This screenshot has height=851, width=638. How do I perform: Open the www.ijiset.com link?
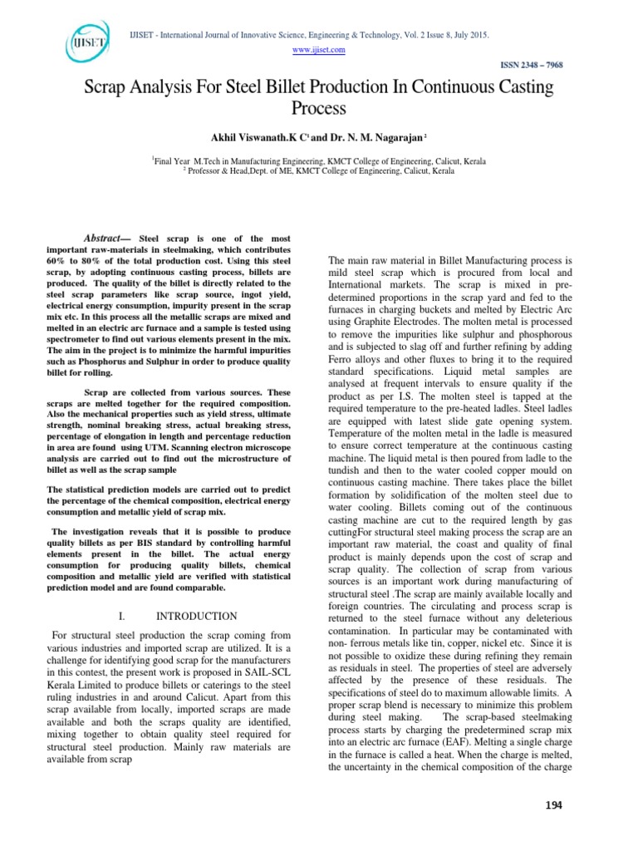320,50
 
